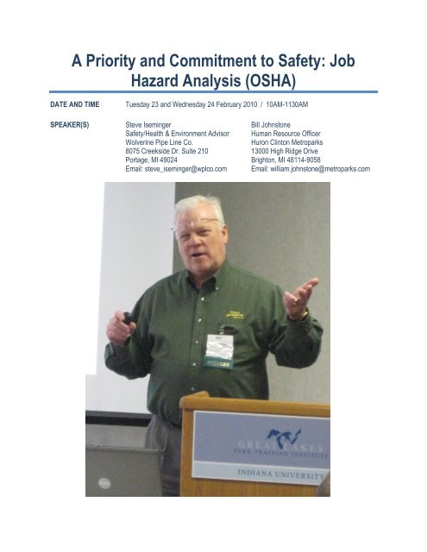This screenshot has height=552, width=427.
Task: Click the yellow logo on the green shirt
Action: coord(234,317)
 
